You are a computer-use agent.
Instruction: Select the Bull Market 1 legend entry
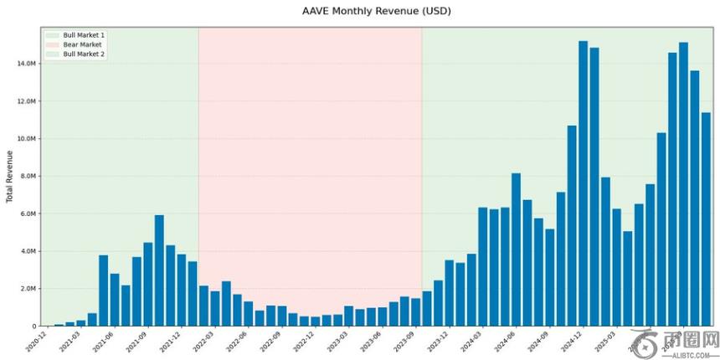point(84,35)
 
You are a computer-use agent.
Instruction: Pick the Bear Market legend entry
point(82,44)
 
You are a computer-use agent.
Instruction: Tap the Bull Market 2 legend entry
point(84,54)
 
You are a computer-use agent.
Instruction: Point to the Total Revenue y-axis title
point(10,177)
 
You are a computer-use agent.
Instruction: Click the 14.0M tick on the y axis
point(26,64)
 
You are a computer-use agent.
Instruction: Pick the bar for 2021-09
point(147,284)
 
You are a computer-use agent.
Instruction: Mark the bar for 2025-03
point(616,267)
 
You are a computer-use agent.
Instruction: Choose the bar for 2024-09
point(549,277)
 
